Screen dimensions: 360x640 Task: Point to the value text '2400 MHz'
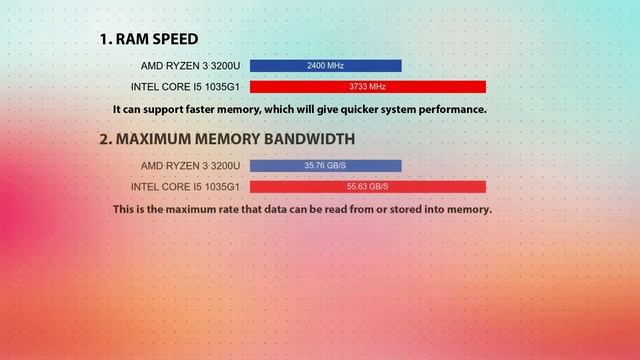pyautogui.click(x=326, y=66)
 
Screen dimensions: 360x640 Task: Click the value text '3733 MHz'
pyautogui.click(x=367, y=87)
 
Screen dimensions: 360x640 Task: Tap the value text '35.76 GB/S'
pyautogui.click(x=326, y=166)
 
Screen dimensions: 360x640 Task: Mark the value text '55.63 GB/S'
pyautogui.click(x=367, y=187)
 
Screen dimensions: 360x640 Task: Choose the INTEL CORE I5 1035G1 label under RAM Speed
pyautogui.click(x=185, y=87)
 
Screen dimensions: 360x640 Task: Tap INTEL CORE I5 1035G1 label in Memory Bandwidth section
pyautogui.click(x=185, y=187)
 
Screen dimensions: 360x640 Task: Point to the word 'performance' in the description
pyautogui.click(x=447, y=109)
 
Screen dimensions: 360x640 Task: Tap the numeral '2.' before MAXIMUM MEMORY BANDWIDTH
pyautogui.click(x=106, y=139)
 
